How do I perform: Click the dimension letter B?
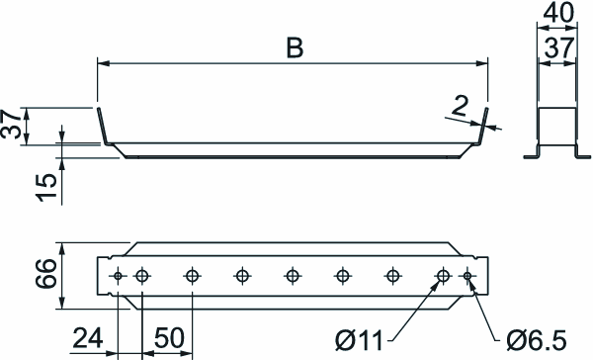point(295,48)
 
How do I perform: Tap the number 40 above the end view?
point(557,13)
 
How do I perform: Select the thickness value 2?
point(460,106)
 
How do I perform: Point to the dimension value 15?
point(46,187)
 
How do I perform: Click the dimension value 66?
point(45,274)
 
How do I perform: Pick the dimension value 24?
point(88,338)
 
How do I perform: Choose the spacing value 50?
point(169,338)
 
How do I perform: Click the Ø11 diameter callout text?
point(360,340)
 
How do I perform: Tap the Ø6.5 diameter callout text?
point(537,340)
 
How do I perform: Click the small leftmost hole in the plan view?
point(118,276)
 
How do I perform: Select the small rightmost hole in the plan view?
point(467,276)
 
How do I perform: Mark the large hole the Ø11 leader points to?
point(443,276)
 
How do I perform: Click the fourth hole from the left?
point(242,276)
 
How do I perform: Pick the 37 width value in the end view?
point(558,48)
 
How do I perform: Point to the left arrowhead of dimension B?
point(103,63)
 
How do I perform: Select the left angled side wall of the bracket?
point(103,127)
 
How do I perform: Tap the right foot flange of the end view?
point(582,155)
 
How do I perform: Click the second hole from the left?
point(141,276)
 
